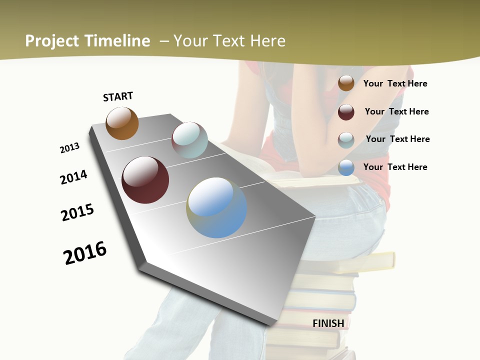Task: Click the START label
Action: pyautogui.click(x=118, y=96)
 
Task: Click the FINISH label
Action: pyautogui.click(x=328, y=323)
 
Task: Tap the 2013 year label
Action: pyautogui.click(x=70, y=148)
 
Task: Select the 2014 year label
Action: pyautogui.click(x=74, y=177)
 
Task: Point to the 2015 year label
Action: pyautogui.click(x=77, y=212)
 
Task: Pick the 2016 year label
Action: pyautogui.click(x=85, y=252)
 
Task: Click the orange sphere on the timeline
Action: pyautogui.click(x=122, y=123)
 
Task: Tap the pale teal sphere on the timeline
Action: pyautogui.click(x=189, y=140)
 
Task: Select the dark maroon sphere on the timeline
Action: pyautogui.click(x=145, y=180)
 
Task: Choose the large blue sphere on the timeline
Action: pyautogui.click(x=216, y=207)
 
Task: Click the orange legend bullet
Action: pyautogui.click(x=346, y=83)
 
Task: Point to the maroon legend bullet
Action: pyautogui.click(x=346, y=112)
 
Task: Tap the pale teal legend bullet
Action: pyautogui.click(x=346, y=140)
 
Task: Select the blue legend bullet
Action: pyautogui.click(x=346, y=167)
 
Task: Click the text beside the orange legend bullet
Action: pyautogui.click(x=395, y=83)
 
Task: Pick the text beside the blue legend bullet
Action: pyautogui.click(x=395, y=167)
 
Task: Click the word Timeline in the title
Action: pyautogui.click(x=117, y=41)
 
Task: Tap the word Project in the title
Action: pyautogui.click(x=51, y=41)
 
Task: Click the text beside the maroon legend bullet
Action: pyautogui.click(x=397, y=111)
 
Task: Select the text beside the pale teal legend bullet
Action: pyautogui.click(x=398, y=139)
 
